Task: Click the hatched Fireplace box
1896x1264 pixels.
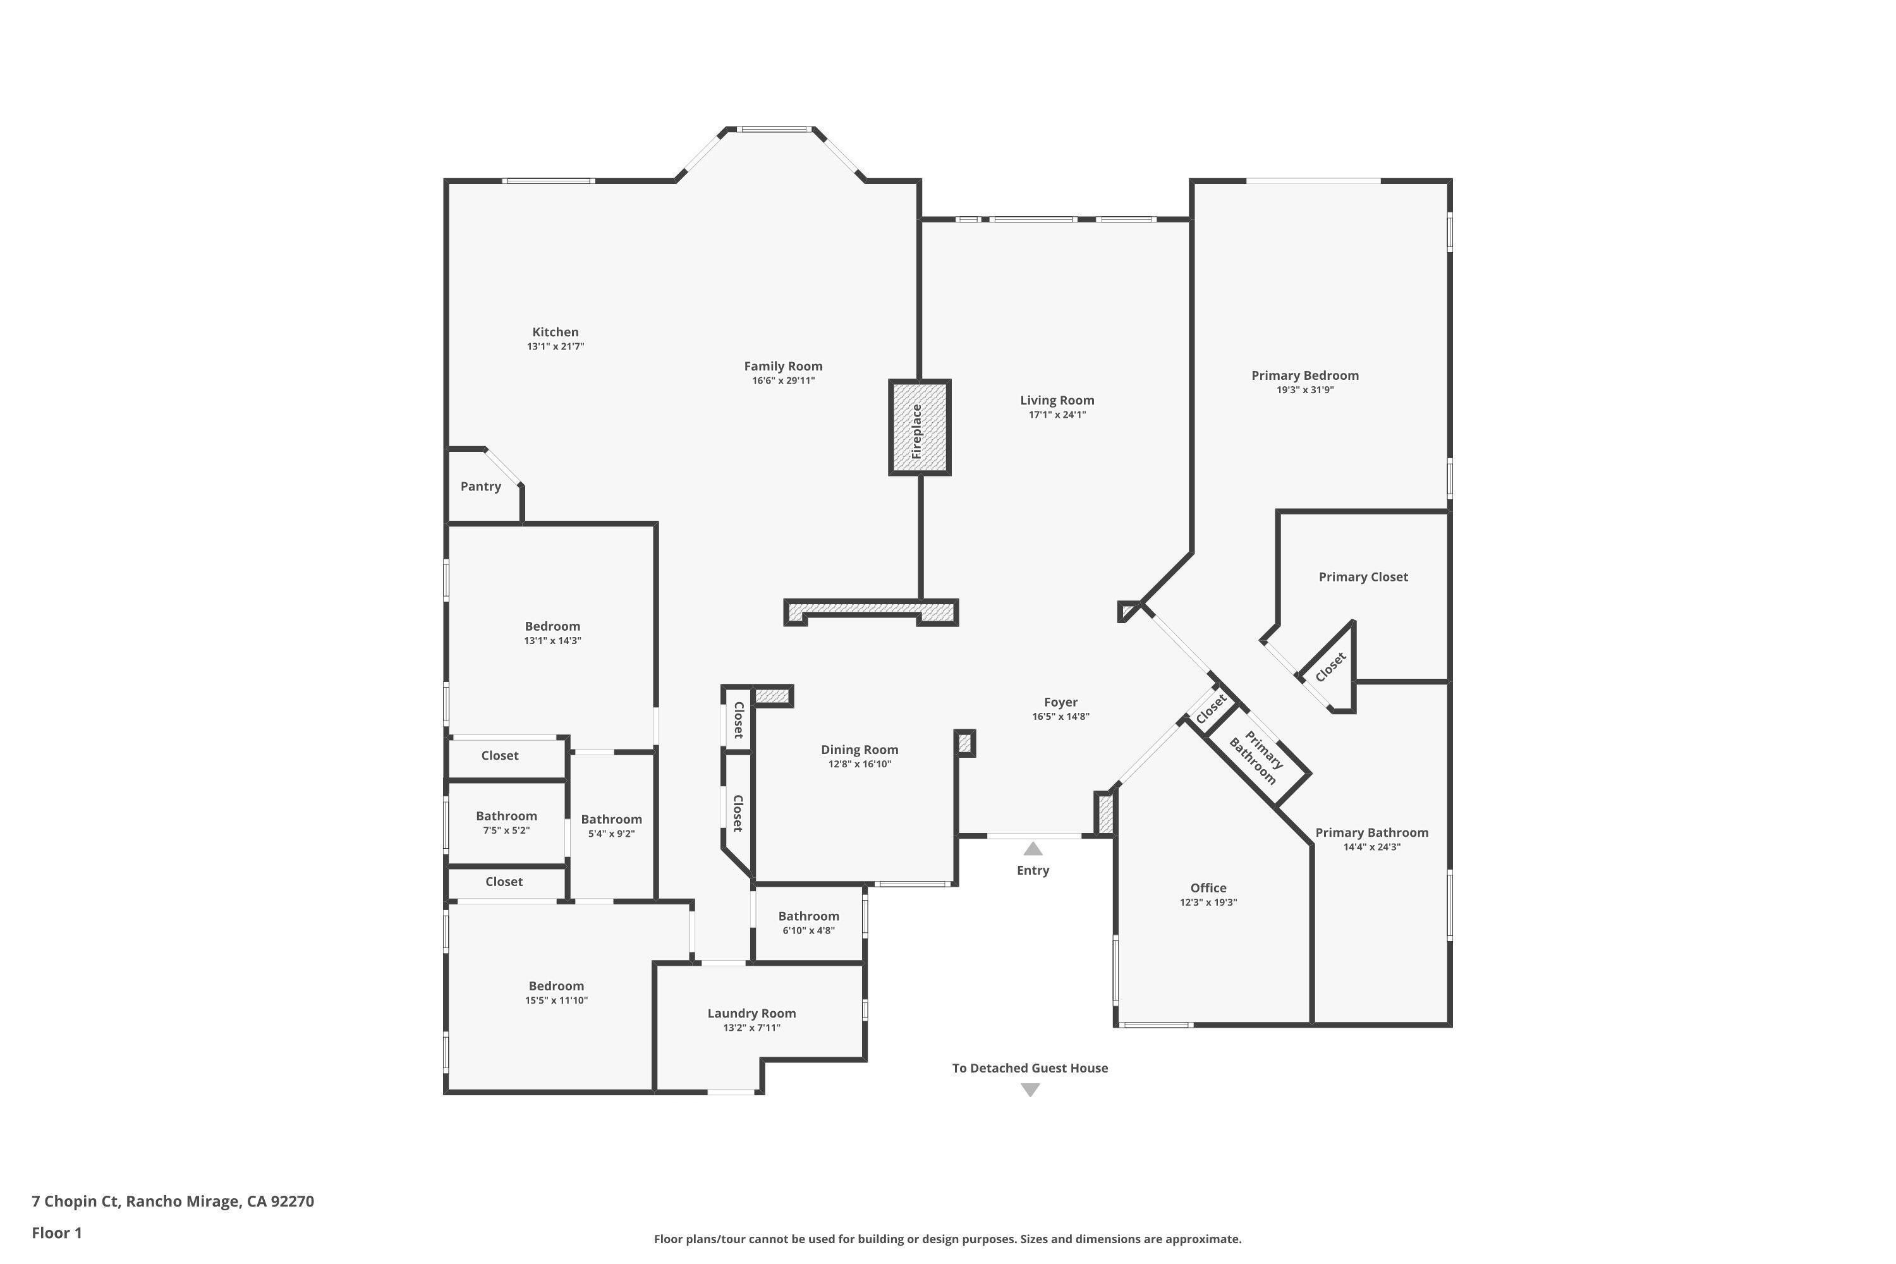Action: coord(919,427)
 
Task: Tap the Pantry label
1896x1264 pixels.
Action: coord(480,486)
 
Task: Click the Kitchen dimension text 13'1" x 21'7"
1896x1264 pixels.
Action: coord(556,346)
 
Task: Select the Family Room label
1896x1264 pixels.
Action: coord(783,366)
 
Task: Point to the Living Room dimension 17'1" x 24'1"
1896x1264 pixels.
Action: coord(1057,415)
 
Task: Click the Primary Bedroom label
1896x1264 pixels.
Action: coord(1304,375)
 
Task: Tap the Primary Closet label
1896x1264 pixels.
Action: coord(1363,576)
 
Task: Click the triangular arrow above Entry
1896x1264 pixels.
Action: coord(1033,849)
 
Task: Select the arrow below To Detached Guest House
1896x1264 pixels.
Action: coord(1030,1090)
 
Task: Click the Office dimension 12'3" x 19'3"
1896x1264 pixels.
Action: coord(1208,902)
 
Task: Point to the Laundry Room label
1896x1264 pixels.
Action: coord(751,1013)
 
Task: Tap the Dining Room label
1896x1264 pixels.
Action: coord(860,750)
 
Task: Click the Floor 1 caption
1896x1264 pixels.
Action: coord(56,1232)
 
